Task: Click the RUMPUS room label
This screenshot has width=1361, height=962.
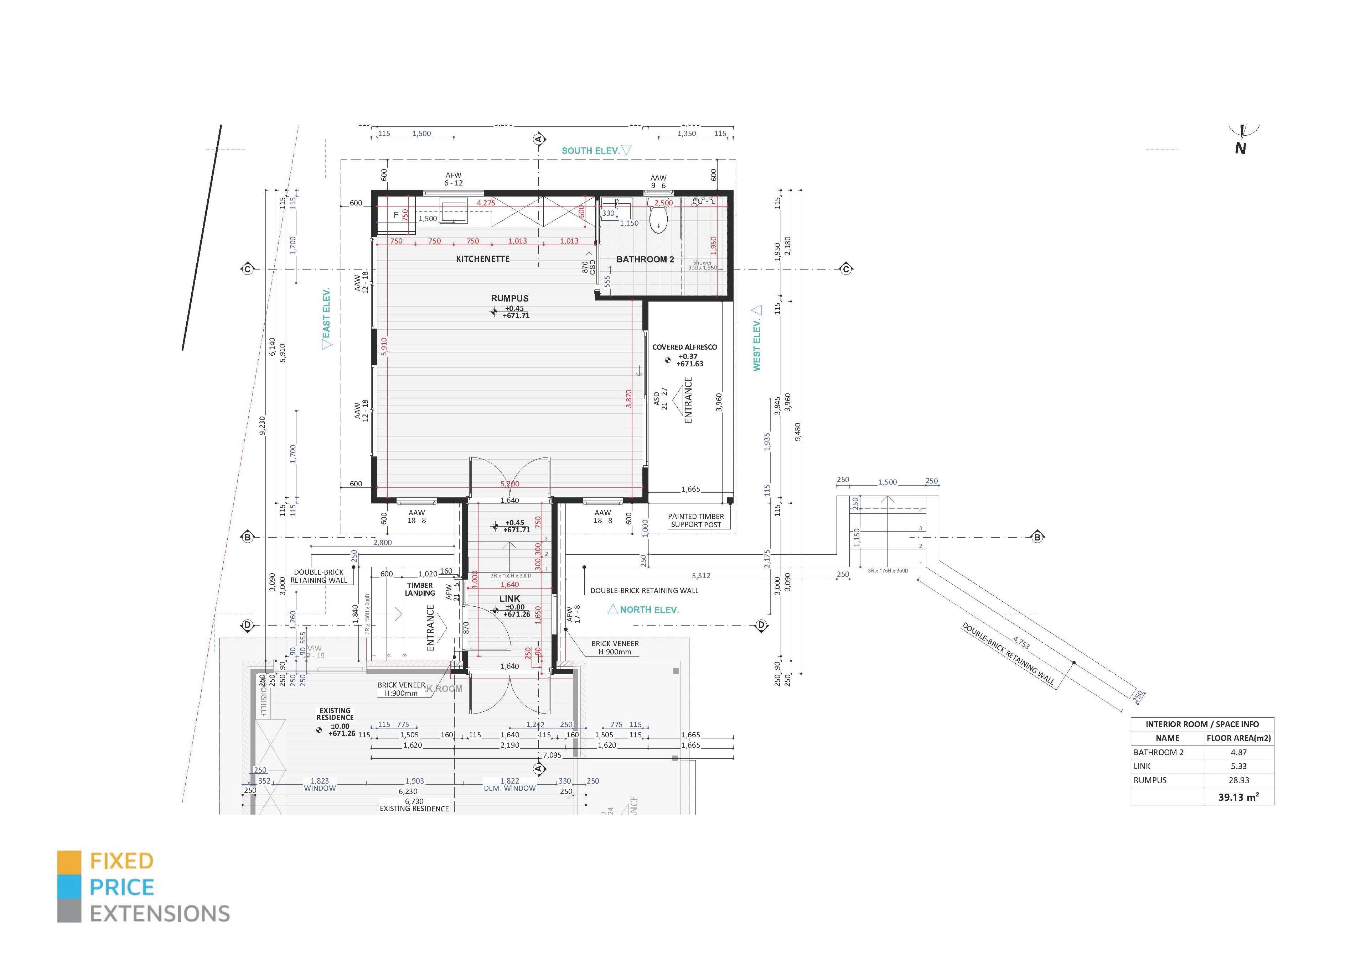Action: [x=509, y=299]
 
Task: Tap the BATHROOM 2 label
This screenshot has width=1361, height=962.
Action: [x=645, y=260]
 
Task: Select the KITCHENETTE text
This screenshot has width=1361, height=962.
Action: [x=482, y=259]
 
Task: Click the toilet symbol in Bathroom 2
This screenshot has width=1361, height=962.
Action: [x=658, y=218]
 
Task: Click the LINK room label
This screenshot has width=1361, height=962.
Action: [x=509, y=599]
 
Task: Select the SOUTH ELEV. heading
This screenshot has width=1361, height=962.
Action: [x=590, y=151]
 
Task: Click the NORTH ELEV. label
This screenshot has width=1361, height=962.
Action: [x=649, y=610]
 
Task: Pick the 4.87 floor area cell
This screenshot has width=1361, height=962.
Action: [x=1238, y=752]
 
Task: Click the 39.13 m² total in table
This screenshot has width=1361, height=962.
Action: [x=1238, y=797]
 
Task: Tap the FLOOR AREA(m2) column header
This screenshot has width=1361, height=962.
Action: [x=1238, y=738]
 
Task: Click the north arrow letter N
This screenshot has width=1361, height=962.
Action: [x=1240, y=149]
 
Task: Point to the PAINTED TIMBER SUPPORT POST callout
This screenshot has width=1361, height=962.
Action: [x=696, y=521]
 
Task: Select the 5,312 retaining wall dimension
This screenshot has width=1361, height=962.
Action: [x=701, y=575]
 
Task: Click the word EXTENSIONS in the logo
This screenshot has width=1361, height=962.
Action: [x=160, y=914]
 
